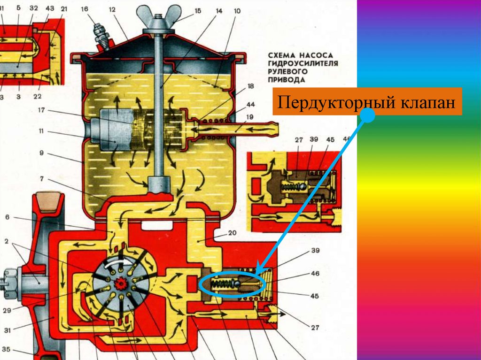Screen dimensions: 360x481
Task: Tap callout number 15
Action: point(196,10)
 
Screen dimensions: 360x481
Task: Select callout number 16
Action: point(85,9)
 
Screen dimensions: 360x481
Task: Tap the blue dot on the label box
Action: point(368,116)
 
